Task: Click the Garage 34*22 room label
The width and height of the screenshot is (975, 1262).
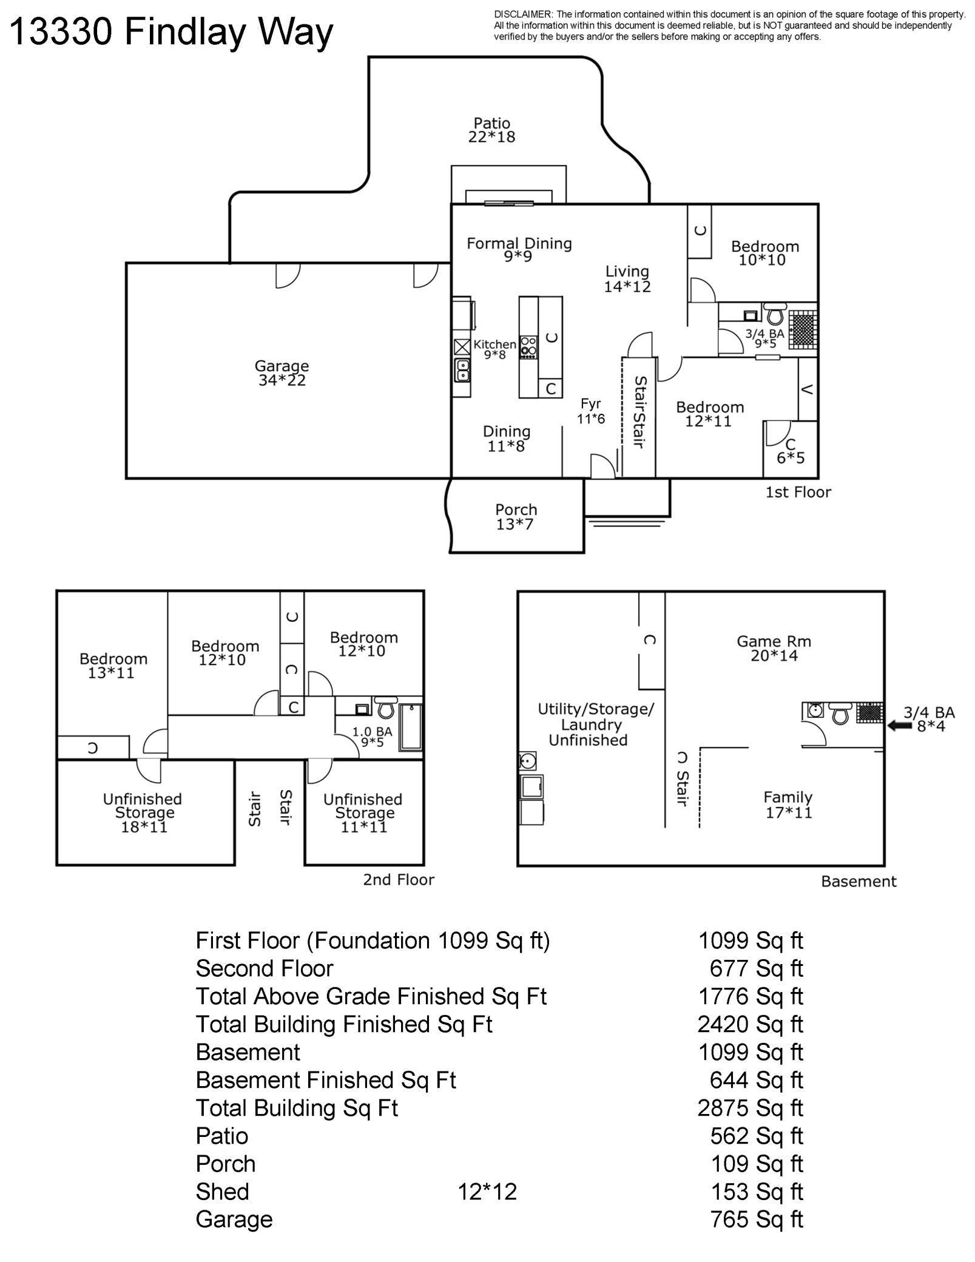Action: [x=281, y=373]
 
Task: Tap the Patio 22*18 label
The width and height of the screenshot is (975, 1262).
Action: [x=491, y=130]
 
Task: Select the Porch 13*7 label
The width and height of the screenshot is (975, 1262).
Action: [x=516, y=517]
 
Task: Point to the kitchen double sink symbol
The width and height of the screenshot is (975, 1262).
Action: [x=462, y=369]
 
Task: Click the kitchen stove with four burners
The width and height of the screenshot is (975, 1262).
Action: [x=528, y=347]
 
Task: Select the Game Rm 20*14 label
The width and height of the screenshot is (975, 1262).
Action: [x=774, y=648]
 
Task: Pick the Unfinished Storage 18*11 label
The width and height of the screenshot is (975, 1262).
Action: [x=143, y=812]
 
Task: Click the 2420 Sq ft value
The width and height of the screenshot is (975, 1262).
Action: [x=750, y=1024]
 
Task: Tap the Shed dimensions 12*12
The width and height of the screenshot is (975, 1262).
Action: [x=487, y=1192]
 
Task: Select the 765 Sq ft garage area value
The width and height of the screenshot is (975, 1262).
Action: [x=756, y=1220]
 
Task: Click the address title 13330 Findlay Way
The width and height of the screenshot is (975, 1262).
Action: [x=172, y=32]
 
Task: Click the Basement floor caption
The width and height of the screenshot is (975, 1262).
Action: [x=859, y=882]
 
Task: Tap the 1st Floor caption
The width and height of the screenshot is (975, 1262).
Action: [x=798, y=492]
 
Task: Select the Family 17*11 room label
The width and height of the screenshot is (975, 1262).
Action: [x=788, y=805]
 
